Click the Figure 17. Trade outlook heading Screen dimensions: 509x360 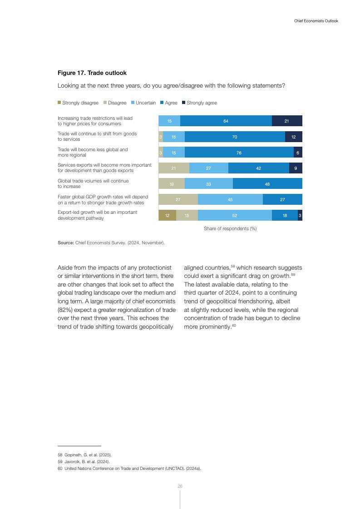tap(92, 73)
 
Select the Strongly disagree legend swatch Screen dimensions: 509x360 tap(59, 103)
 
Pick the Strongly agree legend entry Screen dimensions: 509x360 tap(202, 103)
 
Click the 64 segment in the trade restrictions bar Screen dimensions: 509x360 tap(226, 121)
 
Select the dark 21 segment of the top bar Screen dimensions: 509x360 tap(287, 121)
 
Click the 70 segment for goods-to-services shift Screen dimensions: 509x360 tap(235, 137)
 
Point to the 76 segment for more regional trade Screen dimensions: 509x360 tap(239, 153)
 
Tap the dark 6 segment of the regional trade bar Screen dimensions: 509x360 tap(298, 153)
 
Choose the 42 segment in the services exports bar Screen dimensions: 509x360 tap(258, 168)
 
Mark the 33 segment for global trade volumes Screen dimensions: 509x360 tap(208, 184)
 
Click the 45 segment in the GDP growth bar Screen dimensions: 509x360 tap(230, 199)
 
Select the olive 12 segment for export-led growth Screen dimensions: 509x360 tap(167, 216)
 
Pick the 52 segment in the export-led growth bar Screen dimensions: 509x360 tap(235, 216)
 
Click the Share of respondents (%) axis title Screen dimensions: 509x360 tap(230, 228)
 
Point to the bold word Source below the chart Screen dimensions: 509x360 tap(65, 243)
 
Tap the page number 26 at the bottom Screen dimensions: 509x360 tap(180, 486)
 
